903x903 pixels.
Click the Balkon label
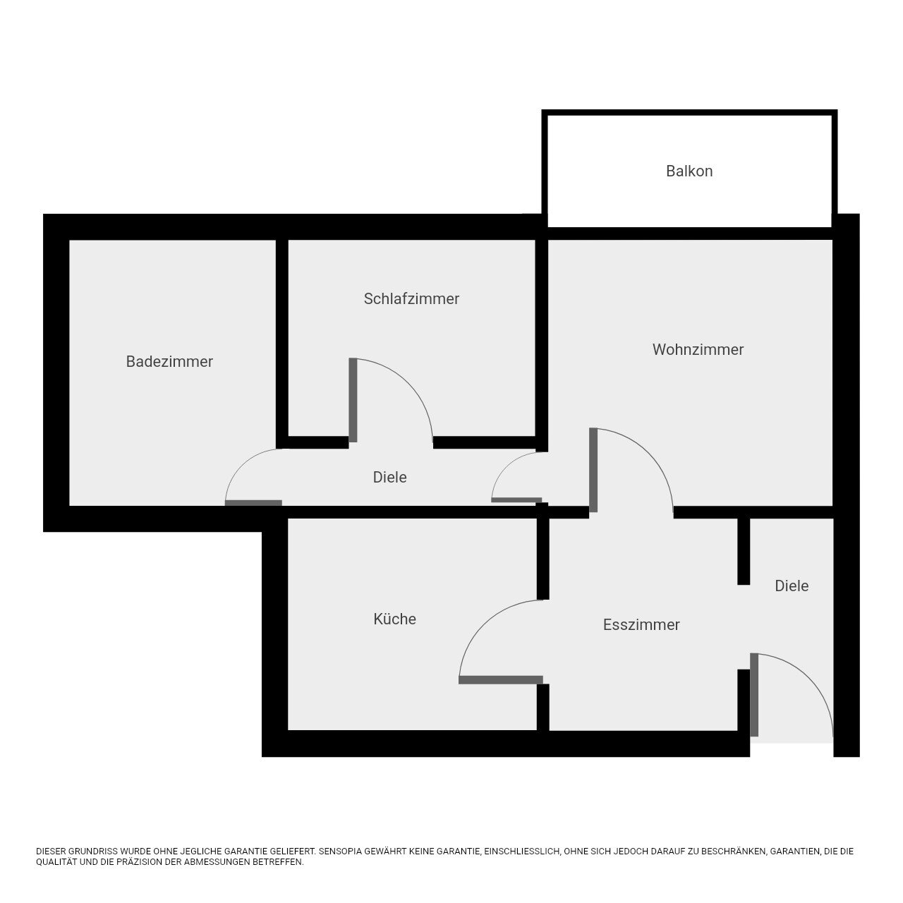[x=689, y=171]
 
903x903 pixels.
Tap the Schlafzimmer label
[x=411, y=298]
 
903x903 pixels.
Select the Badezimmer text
[x=169, y=361]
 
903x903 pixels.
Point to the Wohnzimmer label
[x=698, y=349]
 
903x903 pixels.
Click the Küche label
[x=394, y=619]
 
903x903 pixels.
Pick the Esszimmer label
[x=641, y=624]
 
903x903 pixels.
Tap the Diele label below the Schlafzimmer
[x=389, y=477]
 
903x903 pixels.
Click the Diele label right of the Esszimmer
[x=792, y=586]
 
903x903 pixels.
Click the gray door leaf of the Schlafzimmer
[x=353, y=400]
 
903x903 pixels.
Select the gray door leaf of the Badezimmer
[x=253, y=503]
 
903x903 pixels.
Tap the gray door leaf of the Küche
[x=500, y=680]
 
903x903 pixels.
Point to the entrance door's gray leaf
[x=754, y=694]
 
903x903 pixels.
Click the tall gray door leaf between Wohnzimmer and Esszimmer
[x=593, y=470]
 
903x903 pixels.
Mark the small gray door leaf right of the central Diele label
[x=516, y=500]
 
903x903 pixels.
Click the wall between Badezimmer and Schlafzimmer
[x=281, y=344]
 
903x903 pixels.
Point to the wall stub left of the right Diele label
[x=744, y=551]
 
